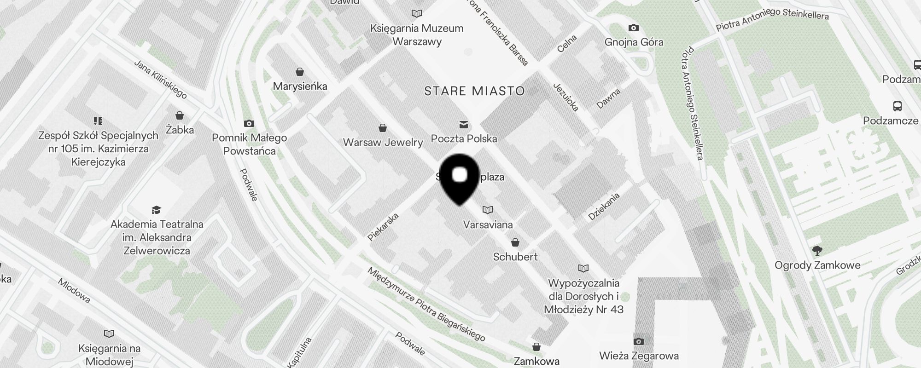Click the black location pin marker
[460, 179]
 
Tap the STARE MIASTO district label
[474, 91]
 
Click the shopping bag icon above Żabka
[179, 115]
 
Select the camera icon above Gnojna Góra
[634, 28]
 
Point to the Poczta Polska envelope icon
[463, 124]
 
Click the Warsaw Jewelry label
[383, 142]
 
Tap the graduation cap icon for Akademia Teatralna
[156, 210]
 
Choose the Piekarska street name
[383, 227]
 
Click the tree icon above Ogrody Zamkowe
[817, 251]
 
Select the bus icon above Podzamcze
[898, 106]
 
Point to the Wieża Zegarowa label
[639, 356]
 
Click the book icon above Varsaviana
[487, 210]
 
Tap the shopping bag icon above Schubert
[515, 242]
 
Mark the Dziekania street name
[604, 207]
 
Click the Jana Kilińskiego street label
[160, 79]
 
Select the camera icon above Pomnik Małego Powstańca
[249, 123]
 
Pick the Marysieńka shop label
[300, 86]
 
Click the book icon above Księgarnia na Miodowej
[109, 333]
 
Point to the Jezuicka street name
[565, 97]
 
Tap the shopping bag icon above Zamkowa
[536, 346]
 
